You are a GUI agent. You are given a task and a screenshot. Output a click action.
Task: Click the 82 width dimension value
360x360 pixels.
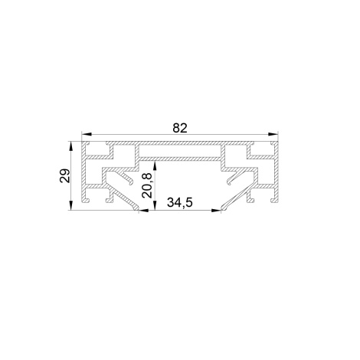180,128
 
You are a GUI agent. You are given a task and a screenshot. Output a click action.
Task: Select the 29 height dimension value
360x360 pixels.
64,175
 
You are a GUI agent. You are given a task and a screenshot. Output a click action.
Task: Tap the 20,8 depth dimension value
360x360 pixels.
147,185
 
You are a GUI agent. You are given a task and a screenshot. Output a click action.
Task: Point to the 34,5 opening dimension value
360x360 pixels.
179,202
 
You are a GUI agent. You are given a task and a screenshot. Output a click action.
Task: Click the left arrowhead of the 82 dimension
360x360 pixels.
87,134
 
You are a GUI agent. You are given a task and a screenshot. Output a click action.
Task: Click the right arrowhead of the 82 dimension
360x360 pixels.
273,134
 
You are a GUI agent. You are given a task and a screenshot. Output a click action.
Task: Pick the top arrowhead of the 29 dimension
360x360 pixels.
70,146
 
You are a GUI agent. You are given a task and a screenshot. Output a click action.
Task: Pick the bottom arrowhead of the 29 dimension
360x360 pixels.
70,205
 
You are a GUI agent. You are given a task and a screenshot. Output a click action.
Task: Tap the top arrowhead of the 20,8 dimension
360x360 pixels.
155,166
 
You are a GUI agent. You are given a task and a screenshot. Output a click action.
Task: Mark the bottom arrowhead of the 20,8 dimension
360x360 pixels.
155,205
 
